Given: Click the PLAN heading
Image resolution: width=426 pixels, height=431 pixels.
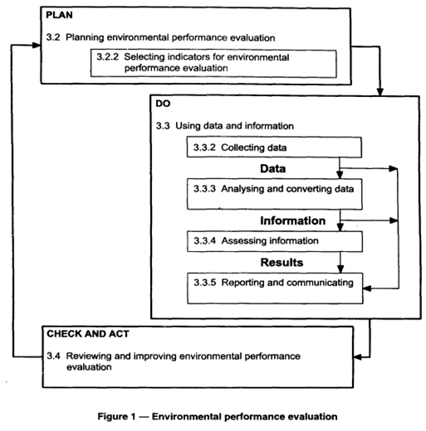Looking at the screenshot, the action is [59, 15].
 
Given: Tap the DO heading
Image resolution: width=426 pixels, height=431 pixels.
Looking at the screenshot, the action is [163, 104].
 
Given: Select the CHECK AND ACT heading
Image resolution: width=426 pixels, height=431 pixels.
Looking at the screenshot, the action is [88, 334].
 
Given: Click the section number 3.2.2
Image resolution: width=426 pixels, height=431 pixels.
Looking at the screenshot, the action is [107, 57].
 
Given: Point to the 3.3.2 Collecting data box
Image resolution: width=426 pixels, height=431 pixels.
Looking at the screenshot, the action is [274, 148].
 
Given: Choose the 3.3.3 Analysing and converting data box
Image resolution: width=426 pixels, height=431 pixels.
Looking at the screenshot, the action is [274, 194].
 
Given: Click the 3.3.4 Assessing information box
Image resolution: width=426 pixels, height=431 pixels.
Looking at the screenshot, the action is [275, 241].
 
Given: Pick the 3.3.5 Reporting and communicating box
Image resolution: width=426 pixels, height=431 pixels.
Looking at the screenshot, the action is [275, 288].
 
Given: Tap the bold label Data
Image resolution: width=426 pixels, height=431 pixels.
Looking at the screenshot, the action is [272, 168].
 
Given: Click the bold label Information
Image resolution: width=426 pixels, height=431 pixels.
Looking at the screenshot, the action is [292, 220].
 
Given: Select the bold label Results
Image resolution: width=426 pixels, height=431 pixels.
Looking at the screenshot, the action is [282, 263].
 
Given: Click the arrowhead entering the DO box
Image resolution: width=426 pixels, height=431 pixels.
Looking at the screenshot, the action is [380, 92].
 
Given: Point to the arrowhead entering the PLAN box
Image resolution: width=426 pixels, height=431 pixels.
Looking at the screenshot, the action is [37, 45].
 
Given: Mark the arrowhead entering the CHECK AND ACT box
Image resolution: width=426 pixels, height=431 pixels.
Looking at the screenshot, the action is [358, 357].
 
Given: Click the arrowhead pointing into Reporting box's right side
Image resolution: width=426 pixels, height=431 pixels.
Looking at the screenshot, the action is [367, 288].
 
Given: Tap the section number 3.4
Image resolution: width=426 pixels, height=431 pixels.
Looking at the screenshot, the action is [53, 356].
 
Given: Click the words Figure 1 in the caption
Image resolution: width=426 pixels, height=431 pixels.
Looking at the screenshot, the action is [116, 417].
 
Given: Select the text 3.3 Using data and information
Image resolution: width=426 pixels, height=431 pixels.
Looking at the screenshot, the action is [224, 126].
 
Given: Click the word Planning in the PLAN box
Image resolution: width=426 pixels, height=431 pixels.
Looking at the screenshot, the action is [85, 37].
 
